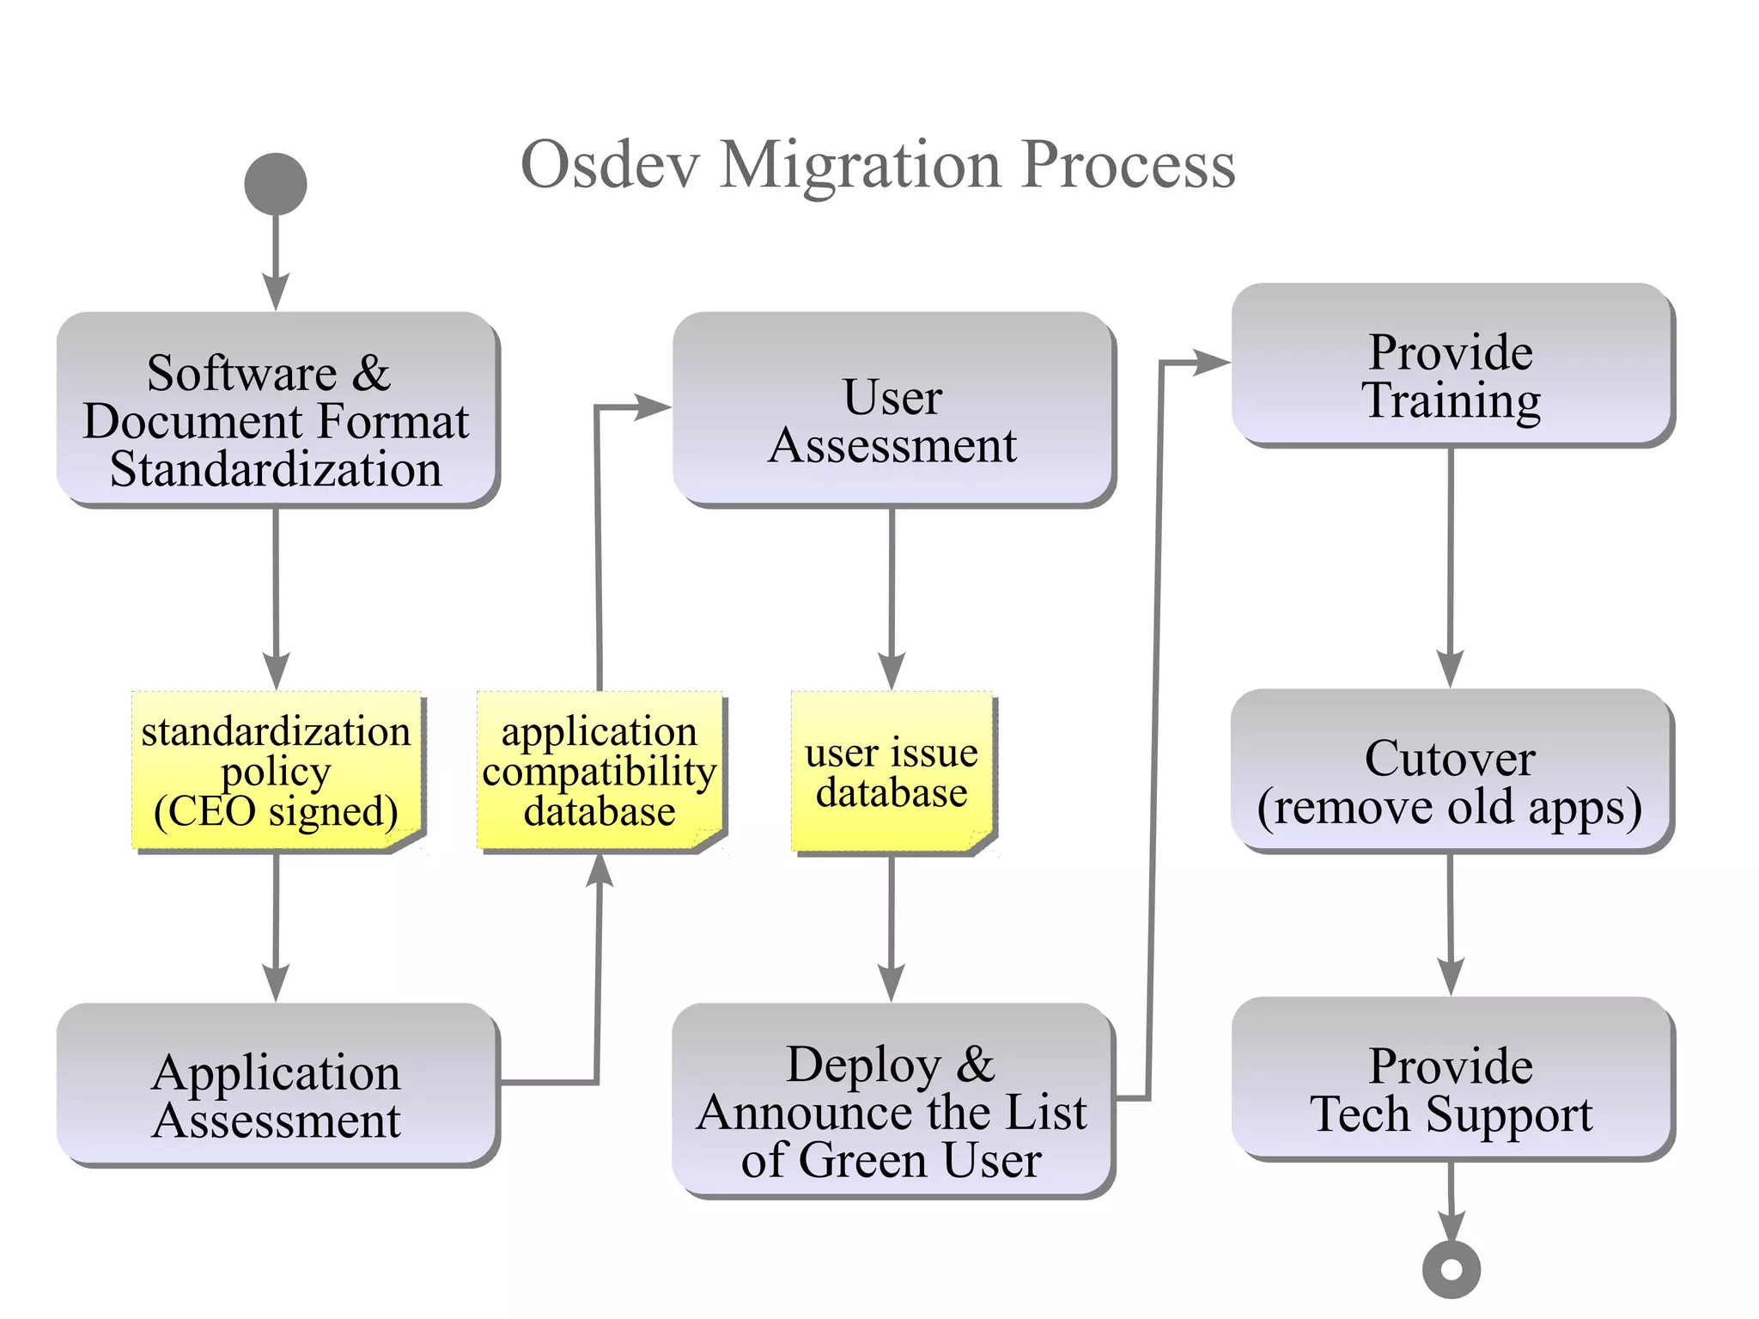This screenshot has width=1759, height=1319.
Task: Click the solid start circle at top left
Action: coord(276,184)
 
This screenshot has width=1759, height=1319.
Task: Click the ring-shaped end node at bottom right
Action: coord(1451,1269)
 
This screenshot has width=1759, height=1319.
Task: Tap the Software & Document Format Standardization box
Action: coord(277,408)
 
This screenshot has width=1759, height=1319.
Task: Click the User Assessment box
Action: coord(892,408)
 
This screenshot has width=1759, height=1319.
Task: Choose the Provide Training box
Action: coord(1452,364)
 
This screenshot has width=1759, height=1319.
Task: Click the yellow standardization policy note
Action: coord(277,770)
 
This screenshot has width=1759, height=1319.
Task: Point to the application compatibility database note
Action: coord(600,770)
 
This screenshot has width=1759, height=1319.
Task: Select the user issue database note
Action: coord(892,772)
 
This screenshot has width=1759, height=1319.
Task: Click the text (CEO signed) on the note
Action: coord(276,811)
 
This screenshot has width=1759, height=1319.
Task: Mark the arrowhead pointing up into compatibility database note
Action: coord(600,870)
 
